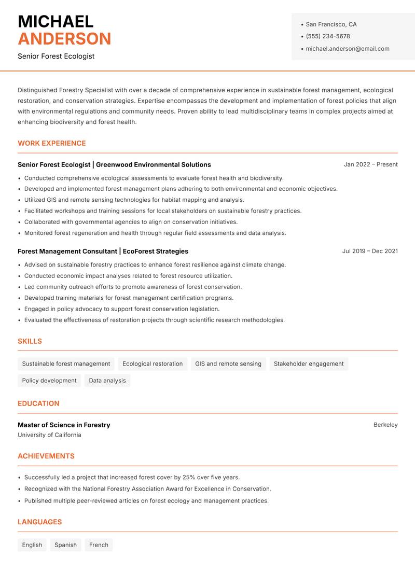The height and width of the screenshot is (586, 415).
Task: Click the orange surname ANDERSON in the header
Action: [x=64, y=39]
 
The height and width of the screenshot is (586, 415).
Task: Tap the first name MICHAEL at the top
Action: [x=56, y=21]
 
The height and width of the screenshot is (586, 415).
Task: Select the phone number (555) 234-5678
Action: [x=327, y=36]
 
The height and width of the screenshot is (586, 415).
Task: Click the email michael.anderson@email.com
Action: [x=347, y=49]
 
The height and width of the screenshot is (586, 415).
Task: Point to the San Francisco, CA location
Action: [x=331, y=24]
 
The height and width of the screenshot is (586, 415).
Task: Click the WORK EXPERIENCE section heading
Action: [x=52, y=143]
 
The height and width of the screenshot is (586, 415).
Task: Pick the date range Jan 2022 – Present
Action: [x=370, y=164]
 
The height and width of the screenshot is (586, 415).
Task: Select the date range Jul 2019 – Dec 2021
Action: [x=370, y=251]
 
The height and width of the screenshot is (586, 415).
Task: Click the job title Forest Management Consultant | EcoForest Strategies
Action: [x=103, y=251]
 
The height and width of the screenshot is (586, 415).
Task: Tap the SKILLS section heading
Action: [x=30, y=341]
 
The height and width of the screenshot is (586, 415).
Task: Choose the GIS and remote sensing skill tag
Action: [x=228, y=364]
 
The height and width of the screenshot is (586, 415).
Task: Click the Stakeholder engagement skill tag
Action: [x=309, y=364]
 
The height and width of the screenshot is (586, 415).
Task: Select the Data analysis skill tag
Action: [x=107, y=381]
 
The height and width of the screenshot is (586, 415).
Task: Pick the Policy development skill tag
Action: [x=49, y=381]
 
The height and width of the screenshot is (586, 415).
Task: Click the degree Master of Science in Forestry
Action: [x=64, y=425]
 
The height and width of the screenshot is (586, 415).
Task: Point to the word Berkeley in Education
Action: [x=385, y=425]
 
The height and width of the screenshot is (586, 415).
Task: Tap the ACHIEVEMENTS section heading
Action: [x=46, y=456]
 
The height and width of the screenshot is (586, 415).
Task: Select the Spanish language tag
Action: [x=65, y=545]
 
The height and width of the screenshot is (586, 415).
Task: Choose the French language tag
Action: [x=99, y=545]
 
